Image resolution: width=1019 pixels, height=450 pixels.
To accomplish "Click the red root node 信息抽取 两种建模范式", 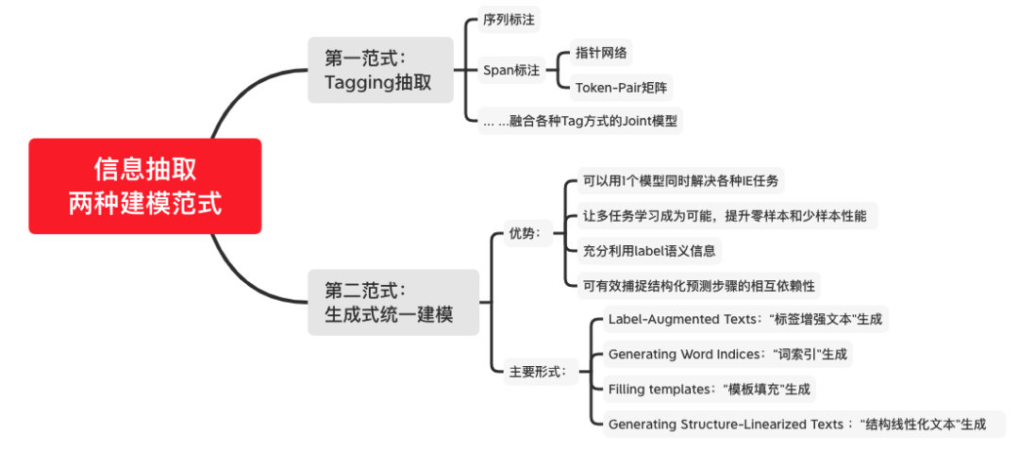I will coord(144,186).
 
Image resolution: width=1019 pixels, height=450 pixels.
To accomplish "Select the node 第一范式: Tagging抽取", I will coord(380,70).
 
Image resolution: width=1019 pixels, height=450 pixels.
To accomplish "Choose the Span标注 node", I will coord(511,70).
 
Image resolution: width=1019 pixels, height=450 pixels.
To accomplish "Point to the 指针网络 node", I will coord(601,53).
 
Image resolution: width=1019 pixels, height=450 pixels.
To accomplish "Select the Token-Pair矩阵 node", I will coord(623,88).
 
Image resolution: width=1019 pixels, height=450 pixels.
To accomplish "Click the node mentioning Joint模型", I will coord(579,121).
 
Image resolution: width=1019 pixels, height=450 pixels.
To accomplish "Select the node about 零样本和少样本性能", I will coord(725,215).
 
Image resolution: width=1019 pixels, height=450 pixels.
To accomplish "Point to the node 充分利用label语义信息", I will coord(651,250).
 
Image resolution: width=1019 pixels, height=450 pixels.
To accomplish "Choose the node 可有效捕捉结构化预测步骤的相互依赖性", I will coord(699,285).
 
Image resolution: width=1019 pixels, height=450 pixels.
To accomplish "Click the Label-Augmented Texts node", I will coord(745,320).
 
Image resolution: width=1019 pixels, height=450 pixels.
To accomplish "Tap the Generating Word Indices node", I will coord(727,355).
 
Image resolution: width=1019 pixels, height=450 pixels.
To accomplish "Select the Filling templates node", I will coord(710,389).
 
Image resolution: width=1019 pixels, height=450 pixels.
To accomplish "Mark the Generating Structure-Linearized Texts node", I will coord(796,424).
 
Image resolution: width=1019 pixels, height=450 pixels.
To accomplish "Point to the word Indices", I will coord(742,355).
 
